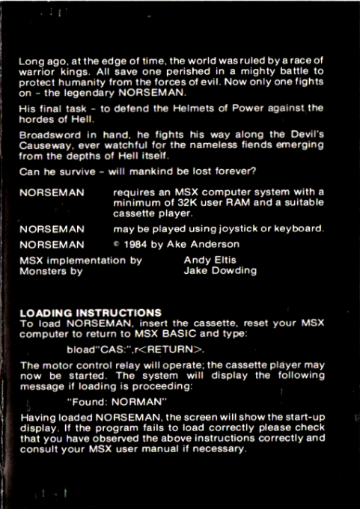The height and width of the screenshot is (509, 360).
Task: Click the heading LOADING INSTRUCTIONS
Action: click(x=90, y=311)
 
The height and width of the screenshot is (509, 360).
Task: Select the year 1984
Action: click(x=140, y=244)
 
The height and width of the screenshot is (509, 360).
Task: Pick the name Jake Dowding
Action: click(x=220, y=271)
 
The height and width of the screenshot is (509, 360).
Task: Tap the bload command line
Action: click(x=135, y=349)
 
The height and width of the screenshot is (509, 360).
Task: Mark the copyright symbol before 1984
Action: click(x=117, y=244)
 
